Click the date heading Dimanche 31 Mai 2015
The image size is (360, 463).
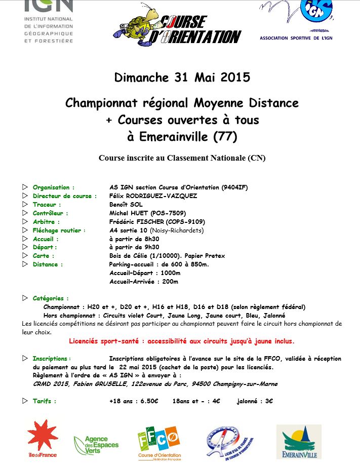click(x=182, y=78)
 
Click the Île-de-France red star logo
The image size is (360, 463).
click(x=42, y=437)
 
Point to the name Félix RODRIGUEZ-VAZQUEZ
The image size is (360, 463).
click(x=153, y=196)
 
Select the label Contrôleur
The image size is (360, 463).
click(x=50, y=213)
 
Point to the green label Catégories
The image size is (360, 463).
click(x=51, y=298)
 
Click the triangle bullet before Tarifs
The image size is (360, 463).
click(x=25, y=401)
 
